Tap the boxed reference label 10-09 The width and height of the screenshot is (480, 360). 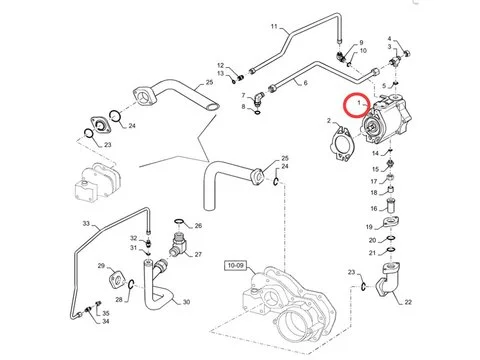pyautogui.click(x=236, y=266)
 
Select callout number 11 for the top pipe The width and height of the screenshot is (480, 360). pyautogui.click(x=274, y=26)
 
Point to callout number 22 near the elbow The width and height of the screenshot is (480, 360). pyautogui.click(x=408, y=302)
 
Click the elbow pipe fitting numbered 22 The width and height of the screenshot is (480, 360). pyautogui.click(x=388, y=279)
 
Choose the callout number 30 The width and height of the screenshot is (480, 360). pyautogui.click(x=186, y=302)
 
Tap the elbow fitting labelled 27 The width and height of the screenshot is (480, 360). pyautogui.click(x=178, y=244)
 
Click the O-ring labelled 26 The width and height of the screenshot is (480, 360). pyautogui.click(x=179, y=221)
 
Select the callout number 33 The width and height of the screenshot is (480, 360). pyautogui.click(x=86, y=223)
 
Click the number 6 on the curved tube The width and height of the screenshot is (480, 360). pyautogui.click(x=305, y=83)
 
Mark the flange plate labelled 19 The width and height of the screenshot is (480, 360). pyautogui.click(x=391, y=222)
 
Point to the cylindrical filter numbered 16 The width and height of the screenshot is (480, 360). pyautogui.click(x=390, y=206)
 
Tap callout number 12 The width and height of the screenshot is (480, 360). pyautogui.click(x=221, y=65)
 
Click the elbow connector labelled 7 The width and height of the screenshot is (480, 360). pyautogui.click(x=258, y=99)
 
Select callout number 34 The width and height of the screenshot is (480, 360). pyautogui.click(x=106, y=321)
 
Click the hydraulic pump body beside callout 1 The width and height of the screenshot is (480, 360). pyautogui.click(x=387, y=119)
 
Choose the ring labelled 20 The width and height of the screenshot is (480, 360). pyautogui.click(x=391, y=238)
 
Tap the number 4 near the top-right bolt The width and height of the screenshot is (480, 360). pyautogui.click(x=389, y=39)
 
